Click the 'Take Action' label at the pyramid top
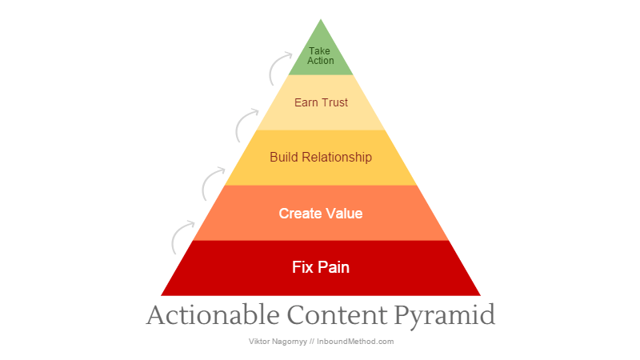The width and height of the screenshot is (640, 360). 321,55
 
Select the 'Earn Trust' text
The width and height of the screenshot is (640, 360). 321,102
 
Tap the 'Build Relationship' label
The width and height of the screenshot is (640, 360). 321,157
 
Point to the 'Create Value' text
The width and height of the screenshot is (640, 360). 321,214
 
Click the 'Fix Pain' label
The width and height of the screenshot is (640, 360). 321,267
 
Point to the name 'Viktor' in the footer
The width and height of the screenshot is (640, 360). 259,341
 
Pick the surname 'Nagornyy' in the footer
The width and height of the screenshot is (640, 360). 291,342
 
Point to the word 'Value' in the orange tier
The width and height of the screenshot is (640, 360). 344,214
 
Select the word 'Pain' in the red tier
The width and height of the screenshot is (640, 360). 334,267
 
